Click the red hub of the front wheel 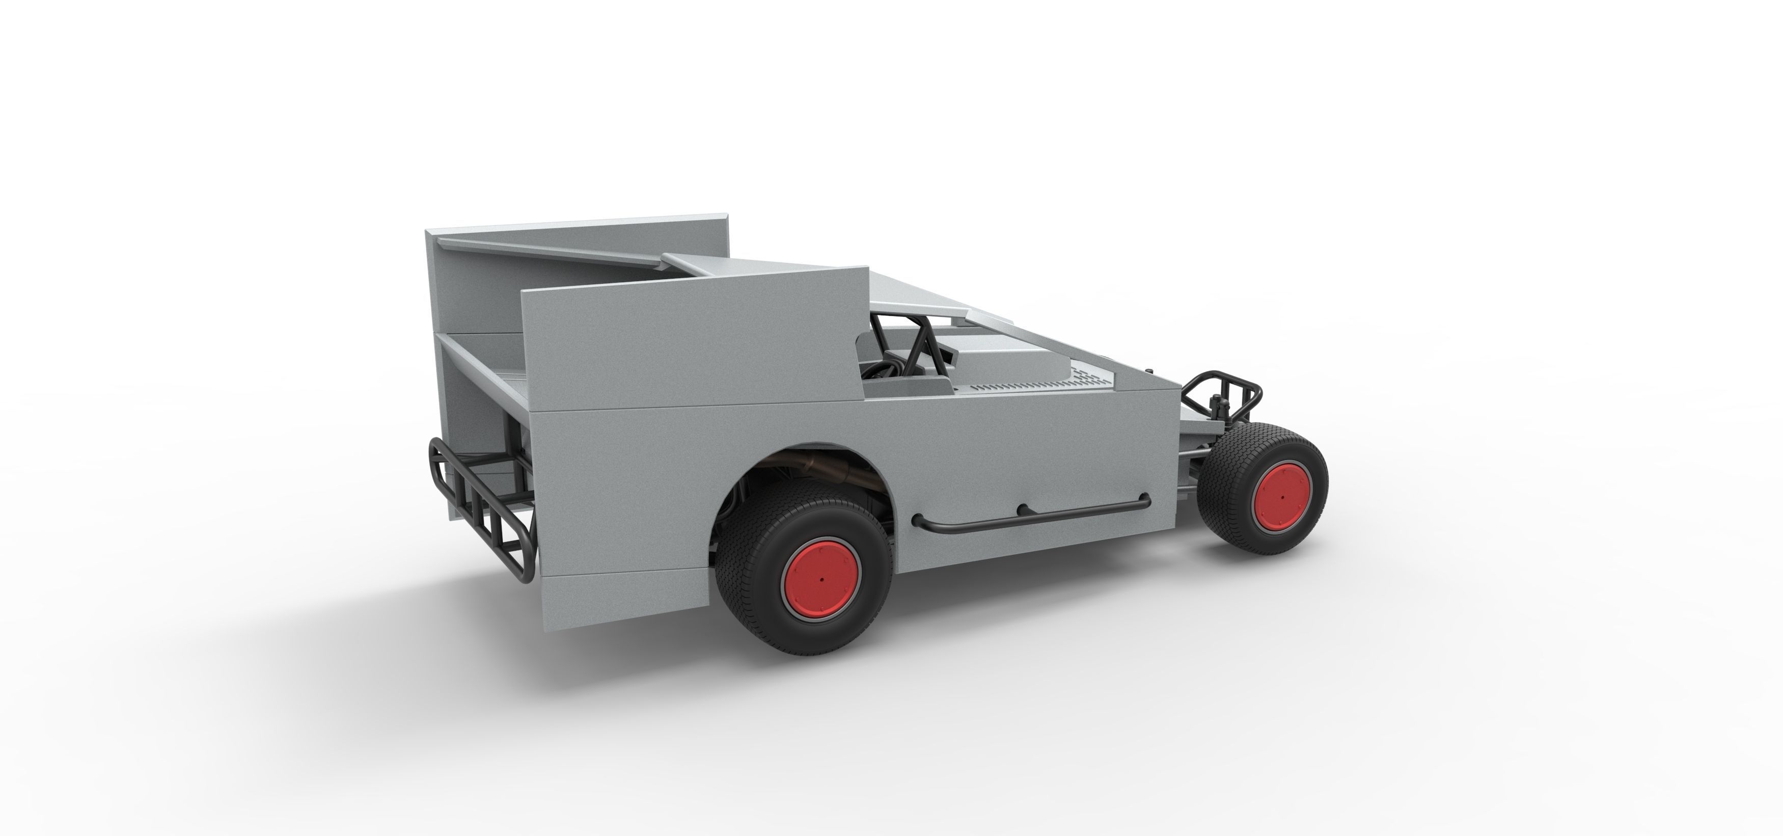[x=1282, y=496]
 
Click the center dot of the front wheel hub [x=1282, y=497]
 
